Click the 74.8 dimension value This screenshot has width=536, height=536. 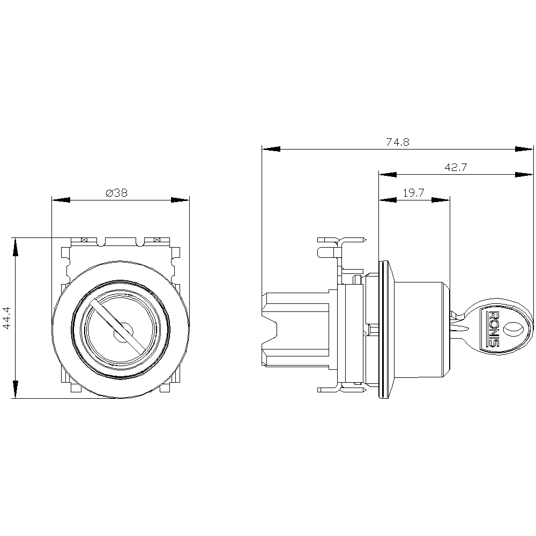[x=398, y=142]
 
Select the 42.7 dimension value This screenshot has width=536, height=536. [x=456, y=167]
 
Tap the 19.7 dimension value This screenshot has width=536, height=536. [x=414, y=193]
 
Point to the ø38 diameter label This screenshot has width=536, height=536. [x=116, y=193]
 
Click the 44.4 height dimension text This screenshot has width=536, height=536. [x=7, y=318]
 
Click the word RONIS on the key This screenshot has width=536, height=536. [x=494, y=329]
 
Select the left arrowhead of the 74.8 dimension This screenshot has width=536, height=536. [x=271, y=149]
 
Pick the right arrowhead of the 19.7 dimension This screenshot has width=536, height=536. [x=441, y=200]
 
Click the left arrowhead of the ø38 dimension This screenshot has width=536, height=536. [x=61, y=200]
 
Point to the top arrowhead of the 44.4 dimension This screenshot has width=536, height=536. [x=15, y=247]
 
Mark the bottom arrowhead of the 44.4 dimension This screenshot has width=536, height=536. [x=15, y=389]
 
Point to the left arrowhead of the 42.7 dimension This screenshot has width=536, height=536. [x=388, y=175]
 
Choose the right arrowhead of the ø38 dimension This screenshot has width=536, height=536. [x=180, y=200]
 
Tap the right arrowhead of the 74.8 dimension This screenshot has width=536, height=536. [x=524, y=149]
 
